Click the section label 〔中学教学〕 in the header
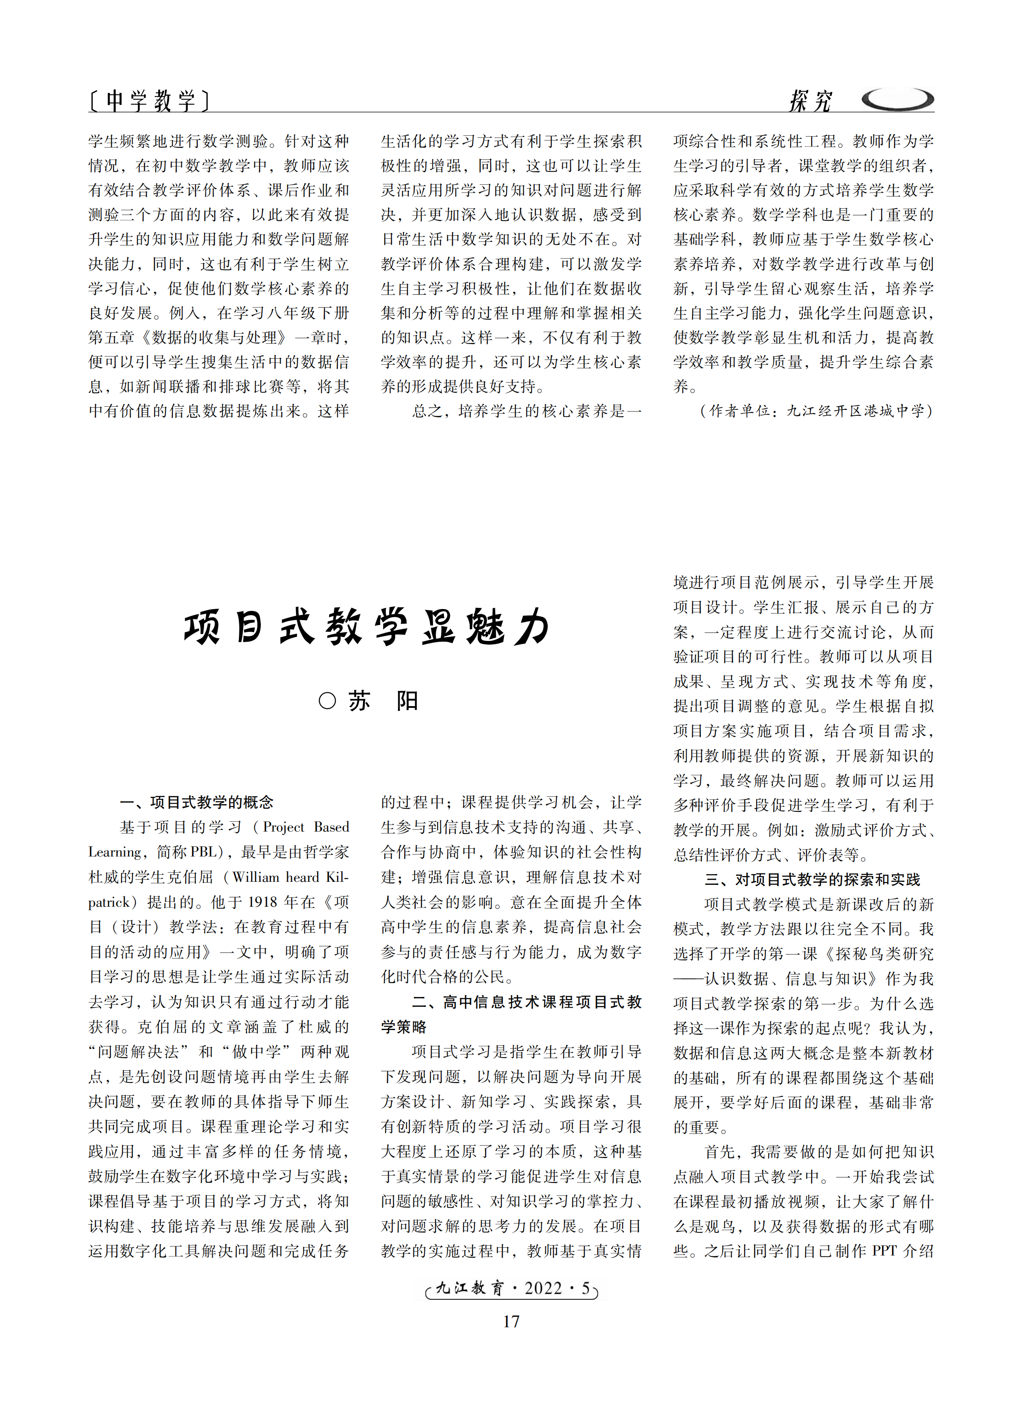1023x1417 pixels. click(148, 100)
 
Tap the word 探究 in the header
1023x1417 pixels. click(810, 101)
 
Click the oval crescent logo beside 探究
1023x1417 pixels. click(898, 99)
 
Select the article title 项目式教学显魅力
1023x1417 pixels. click(367, 627)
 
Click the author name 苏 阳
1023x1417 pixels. click(382, 701)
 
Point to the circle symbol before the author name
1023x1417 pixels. click(327, 701)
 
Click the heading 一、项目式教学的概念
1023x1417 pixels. click(196, 802)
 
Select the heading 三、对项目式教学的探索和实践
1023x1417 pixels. click(812, 880)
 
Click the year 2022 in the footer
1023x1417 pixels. click(543, 1288)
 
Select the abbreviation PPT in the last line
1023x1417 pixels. click(884, 1251)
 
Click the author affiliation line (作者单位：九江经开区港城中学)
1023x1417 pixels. click(816, 411)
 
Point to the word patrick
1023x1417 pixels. click(110, 902)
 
